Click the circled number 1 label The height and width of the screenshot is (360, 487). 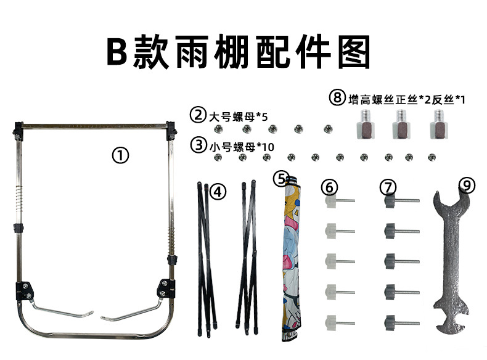[120, 155]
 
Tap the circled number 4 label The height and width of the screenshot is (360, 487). [217, 192]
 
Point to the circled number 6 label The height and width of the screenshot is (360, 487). [330, 186]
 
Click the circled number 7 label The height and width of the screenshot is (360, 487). [388, 186]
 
